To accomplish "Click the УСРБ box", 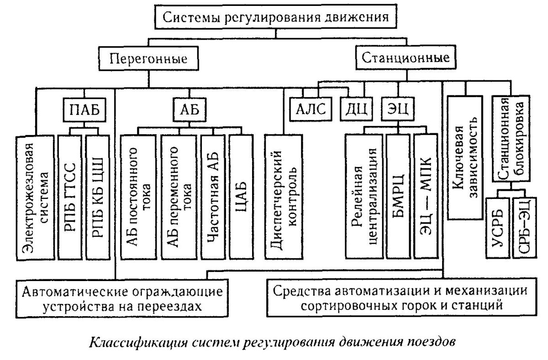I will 497,227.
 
